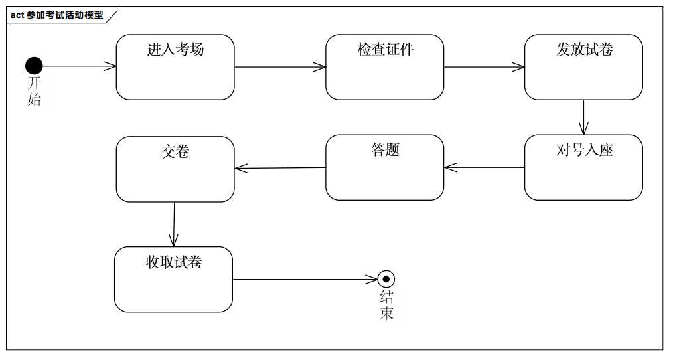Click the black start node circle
click(34, 66)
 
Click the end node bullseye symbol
click(386, 279)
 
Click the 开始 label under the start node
click(34, 92)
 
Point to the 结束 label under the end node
click(386, 306)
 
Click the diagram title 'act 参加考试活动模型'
click(58, 15)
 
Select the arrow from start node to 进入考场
click(79, 66)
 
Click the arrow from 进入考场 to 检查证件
click(279, 67)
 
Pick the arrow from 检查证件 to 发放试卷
click(484, 67)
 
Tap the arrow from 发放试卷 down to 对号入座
click(583, 118)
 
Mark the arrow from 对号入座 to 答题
click(484, 167)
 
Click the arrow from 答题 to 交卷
click(279, 168)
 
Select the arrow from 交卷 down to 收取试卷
click(174, 225)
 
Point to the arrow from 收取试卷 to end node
click(305, 279)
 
